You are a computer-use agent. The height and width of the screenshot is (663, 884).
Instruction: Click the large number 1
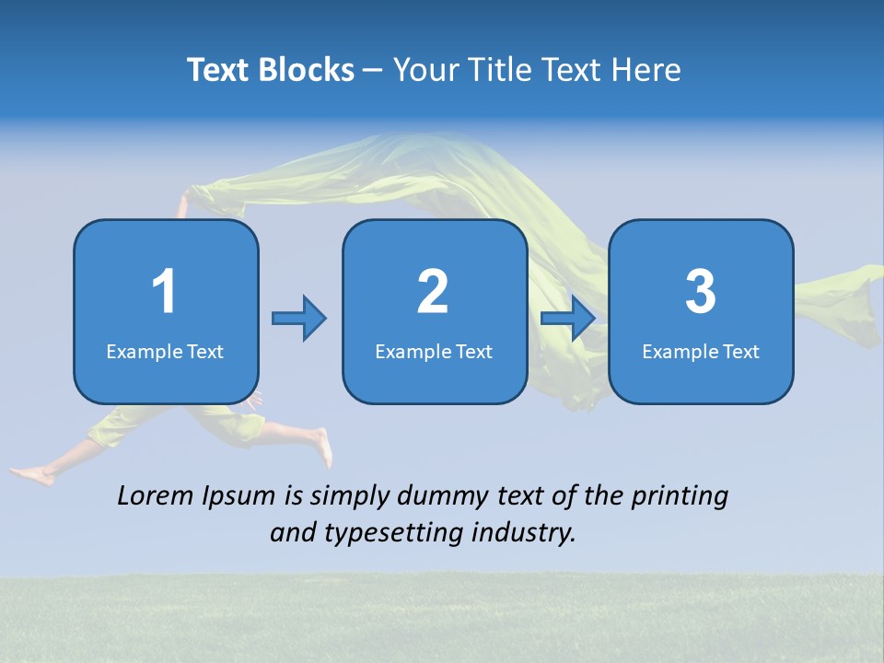[165, 292]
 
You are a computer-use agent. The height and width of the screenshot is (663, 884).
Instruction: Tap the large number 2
[433, 292]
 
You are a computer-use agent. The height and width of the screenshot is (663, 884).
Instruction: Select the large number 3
[701, 292]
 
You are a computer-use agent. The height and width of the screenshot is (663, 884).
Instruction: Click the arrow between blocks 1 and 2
[299, 319]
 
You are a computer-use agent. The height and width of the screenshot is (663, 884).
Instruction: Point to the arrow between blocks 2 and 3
[567, 319]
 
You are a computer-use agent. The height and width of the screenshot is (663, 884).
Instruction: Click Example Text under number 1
[165, 351]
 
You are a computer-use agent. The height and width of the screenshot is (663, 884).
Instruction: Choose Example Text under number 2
[434, 351]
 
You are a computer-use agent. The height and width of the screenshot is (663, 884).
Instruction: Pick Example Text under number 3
[701, 351]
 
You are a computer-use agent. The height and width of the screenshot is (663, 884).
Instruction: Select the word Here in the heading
[646, 70]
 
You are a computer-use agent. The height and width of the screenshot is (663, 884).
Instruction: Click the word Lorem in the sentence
[155, 496]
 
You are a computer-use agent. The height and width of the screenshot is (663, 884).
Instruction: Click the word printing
[680, 497]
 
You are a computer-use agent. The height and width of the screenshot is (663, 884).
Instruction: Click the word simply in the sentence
[351, 497]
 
